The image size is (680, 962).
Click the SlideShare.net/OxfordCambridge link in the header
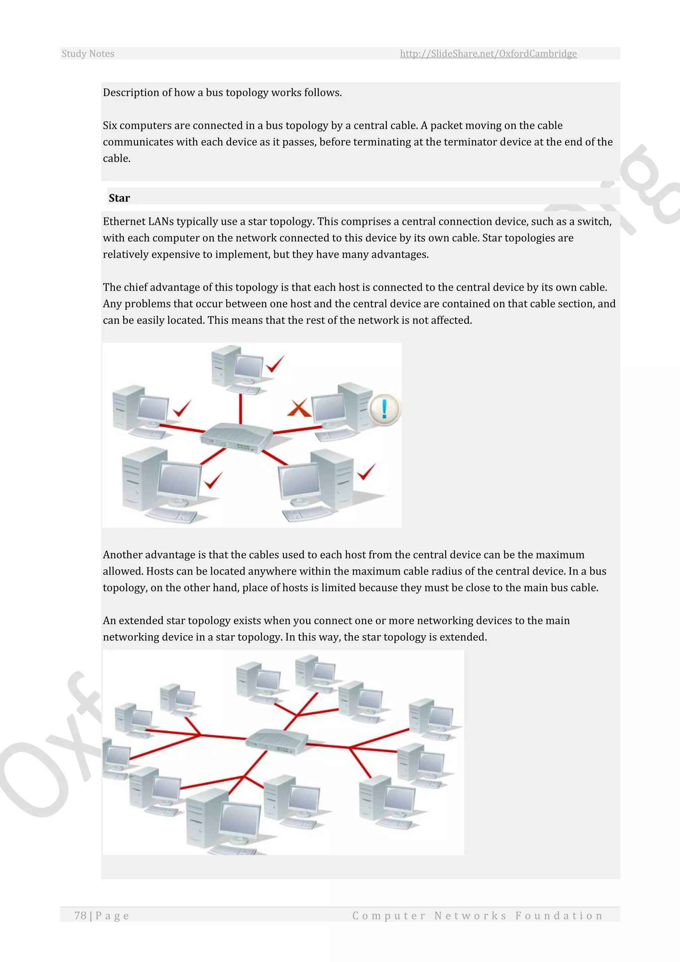click(488, 53)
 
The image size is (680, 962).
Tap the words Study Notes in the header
click(88, 53)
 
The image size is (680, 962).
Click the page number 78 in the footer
click(80, 915)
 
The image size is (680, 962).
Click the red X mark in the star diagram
click(298, 408)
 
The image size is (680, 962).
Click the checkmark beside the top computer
click(275, 364)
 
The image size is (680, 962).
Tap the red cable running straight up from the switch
click(240, 409)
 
